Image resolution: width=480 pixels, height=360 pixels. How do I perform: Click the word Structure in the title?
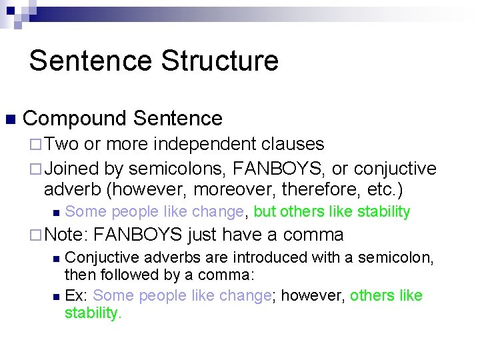[220, 61]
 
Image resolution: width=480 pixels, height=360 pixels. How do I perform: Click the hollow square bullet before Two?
[36, 145]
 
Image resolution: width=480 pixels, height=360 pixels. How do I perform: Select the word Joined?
[71, 169]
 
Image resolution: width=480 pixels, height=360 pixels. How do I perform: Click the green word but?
[265, 212]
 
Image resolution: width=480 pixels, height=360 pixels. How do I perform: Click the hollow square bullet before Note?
[36, 235]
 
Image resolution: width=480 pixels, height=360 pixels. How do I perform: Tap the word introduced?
[237, 257]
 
